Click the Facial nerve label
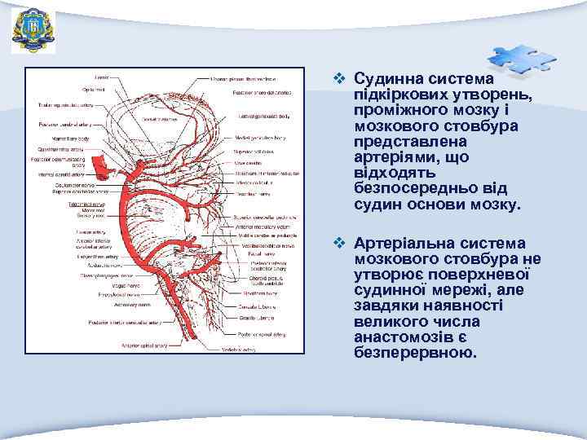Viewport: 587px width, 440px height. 260,253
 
